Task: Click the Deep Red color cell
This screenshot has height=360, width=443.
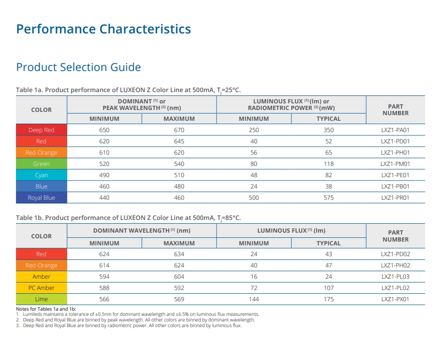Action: coord(41,130)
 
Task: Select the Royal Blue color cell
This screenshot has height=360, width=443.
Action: coord(41,198)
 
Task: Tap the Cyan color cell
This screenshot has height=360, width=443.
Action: coord(41,175)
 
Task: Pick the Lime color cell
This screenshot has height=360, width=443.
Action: coord(41,299)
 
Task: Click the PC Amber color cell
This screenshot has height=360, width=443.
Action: coord(41,288)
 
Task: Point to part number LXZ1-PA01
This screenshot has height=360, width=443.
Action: coord(395,130)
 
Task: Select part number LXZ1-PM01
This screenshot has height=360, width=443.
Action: coord(395,164)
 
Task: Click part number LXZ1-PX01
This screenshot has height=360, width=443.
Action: coord(395,299)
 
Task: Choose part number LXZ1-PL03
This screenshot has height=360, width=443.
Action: coord(395,277)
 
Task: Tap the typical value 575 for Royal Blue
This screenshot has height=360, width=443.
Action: coord(328,198)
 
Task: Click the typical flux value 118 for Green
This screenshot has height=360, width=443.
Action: coord(328,164)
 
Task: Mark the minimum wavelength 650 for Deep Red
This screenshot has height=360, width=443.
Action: coord(104,130)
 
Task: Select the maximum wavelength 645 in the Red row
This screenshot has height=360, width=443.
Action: coord(179,141)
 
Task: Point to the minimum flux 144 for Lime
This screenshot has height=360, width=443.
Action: coord(254,299)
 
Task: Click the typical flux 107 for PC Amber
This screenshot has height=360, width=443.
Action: coord(328,288)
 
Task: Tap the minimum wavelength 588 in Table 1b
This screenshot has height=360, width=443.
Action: coord(104,288)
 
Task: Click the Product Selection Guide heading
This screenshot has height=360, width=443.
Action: coord(78,67)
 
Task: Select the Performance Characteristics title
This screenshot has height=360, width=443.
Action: coord(104,29)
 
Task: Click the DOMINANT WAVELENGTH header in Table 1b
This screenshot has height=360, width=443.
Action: coord(142,231)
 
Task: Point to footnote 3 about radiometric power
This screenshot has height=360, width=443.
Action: coord(129,326)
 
